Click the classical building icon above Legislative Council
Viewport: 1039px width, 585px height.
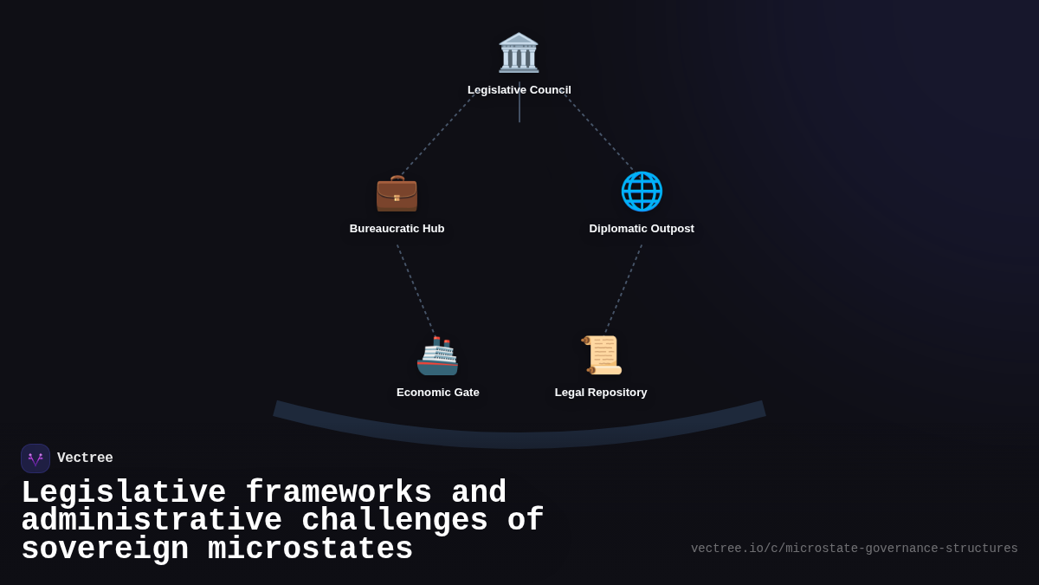pos(519,52)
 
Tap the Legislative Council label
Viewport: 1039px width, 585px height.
pos(519,90)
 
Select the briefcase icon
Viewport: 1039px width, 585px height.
pos(397,192)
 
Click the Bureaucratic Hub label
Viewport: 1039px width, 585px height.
pos(397,229)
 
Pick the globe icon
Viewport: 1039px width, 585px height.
pos(642,192)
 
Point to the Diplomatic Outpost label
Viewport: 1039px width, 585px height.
pos(642,229)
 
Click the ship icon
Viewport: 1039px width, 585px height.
pos(437,355)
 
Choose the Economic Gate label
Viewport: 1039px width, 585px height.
pos(437,393)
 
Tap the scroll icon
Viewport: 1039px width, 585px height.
pos(601,354)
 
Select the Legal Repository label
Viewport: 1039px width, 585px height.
pos(601,393)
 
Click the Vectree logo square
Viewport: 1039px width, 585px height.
pos(35,458)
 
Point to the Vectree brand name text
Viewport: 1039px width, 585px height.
pos(85,458)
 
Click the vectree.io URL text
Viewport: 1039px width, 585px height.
pos(854,549)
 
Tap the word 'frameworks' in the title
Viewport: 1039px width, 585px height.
pos(339,493)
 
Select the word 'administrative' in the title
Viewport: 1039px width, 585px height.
pos(152,521)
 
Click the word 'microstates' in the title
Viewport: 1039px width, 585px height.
pos(310,549)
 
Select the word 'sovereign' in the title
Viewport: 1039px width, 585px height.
pos(105,549)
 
